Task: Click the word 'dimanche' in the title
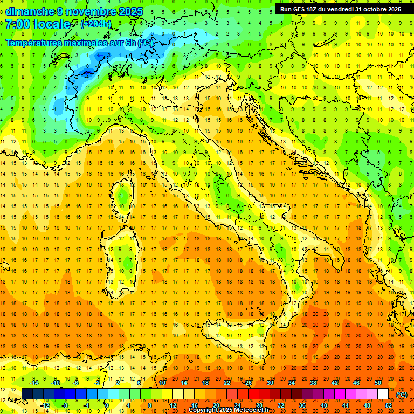click(x=29, y=11)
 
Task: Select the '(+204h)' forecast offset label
click(x=95, y=24)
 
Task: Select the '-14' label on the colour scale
click(x=34, y=383)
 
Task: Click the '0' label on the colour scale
click(x=107, y=405)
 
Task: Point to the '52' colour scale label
click(x=389, y=405)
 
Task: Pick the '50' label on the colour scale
click(x=378, y=383)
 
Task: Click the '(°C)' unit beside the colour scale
click(x=402, y=395)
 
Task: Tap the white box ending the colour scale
click(x=383, y=394)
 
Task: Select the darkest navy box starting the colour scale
click(x=27, y=394)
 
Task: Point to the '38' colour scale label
click(x=313, y=383)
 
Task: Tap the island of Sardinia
click(x=123, y=259)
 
